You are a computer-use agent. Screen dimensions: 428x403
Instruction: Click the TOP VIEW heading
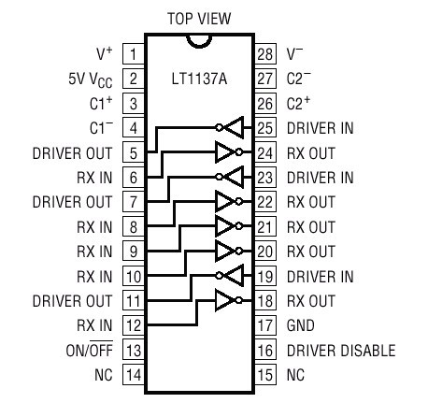coord(199,19)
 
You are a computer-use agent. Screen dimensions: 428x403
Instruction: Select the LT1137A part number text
coord(199,79)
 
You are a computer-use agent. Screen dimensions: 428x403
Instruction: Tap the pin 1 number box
coord(134,54)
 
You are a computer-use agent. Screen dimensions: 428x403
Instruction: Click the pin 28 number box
coord(265,54)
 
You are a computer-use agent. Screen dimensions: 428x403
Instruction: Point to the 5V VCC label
coord(91,79)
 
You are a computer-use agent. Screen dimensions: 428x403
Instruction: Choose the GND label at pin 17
coord(301,325)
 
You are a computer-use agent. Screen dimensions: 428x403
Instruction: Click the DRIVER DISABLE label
coord(341,351)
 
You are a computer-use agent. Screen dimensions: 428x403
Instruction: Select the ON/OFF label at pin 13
coord(90,350)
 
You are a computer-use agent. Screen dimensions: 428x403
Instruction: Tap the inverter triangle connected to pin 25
coord(233,127)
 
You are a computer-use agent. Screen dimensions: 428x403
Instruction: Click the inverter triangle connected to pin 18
coord(225,300)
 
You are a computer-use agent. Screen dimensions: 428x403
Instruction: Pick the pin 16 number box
coord(265,351)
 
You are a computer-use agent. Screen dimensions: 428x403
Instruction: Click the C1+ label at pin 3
coord(101,103)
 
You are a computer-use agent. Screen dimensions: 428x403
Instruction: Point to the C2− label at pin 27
coord(298,78)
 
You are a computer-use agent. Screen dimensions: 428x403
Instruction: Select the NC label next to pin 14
coord(104,375)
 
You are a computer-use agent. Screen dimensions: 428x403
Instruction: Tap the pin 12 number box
coord(134,325)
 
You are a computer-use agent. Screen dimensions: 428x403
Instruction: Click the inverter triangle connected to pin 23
coord(233,177)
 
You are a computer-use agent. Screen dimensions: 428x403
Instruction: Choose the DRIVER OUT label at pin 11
coord(72,301)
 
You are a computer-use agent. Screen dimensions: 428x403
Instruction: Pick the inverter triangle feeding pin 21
coord(225,226)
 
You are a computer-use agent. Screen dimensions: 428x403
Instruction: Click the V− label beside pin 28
coord(294,53)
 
